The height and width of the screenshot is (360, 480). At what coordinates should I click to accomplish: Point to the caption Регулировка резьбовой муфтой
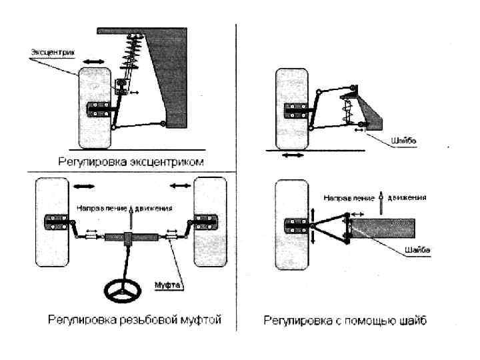click(134, 320)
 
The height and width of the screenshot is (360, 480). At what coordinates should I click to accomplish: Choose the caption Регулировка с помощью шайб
click(345, 321)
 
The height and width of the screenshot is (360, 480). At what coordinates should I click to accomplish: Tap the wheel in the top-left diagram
click(93, 107)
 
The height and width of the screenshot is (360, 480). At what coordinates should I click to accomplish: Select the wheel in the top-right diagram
click(291, 107)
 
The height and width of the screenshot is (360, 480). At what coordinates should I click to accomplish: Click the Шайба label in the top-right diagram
click(405, 141)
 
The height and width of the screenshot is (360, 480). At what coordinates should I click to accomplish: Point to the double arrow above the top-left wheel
click(93, 61)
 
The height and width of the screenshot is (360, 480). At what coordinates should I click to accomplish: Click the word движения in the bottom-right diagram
click(406, 197)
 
